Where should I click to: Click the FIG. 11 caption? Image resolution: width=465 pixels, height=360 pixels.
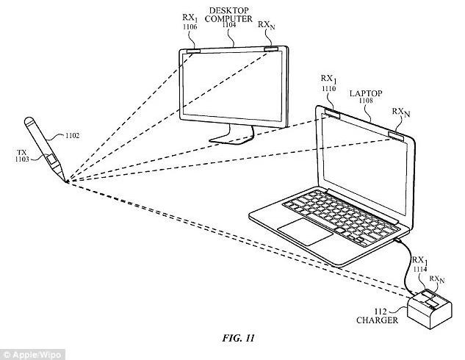pos(238,338)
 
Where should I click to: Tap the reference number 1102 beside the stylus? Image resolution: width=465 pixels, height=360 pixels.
pos(72,136)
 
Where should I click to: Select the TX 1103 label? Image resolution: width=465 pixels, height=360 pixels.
pos(22,156)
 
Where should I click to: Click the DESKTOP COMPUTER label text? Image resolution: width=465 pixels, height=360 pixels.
pos(228,15)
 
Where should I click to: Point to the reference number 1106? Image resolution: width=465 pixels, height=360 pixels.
pos(190,27)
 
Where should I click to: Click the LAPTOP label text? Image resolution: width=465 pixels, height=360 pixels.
pos(366,93)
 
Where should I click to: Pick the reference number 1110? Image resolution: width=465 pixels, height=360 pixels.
pos(328,88)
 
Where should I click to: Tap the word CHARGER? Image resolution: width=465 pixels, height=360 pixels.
pos(377,320)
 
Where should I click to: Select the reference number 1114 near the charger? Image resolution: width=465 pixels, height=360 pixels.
pos(420,269)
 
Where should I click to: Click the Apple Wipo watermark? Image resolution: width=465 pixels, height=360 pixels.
pos(32,355)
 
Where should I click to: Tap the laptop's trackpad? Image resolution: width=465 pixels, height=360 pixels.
pos(306,231)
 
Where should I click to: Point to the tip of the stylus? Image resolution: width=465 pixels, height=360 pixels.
pos(66,181)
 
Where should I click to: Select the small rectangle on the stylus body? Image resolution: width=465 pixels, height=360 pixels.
pos(51,159)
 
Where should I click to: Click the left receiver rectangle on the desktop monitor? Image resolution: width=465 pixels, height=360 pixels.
pos(193,51)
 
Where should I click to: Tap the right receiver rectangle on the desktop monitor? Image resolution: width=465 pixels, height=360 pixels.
pos(271,49)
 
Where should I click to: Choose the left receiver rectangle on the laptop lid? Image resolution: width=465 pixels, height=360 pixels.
pos(333,113)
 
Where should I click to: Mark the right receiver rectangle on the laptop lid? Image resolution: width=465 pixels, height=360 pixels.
pos(396,135)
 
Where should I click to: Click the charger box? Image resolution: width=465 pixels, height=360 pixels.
pos(430,309)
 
